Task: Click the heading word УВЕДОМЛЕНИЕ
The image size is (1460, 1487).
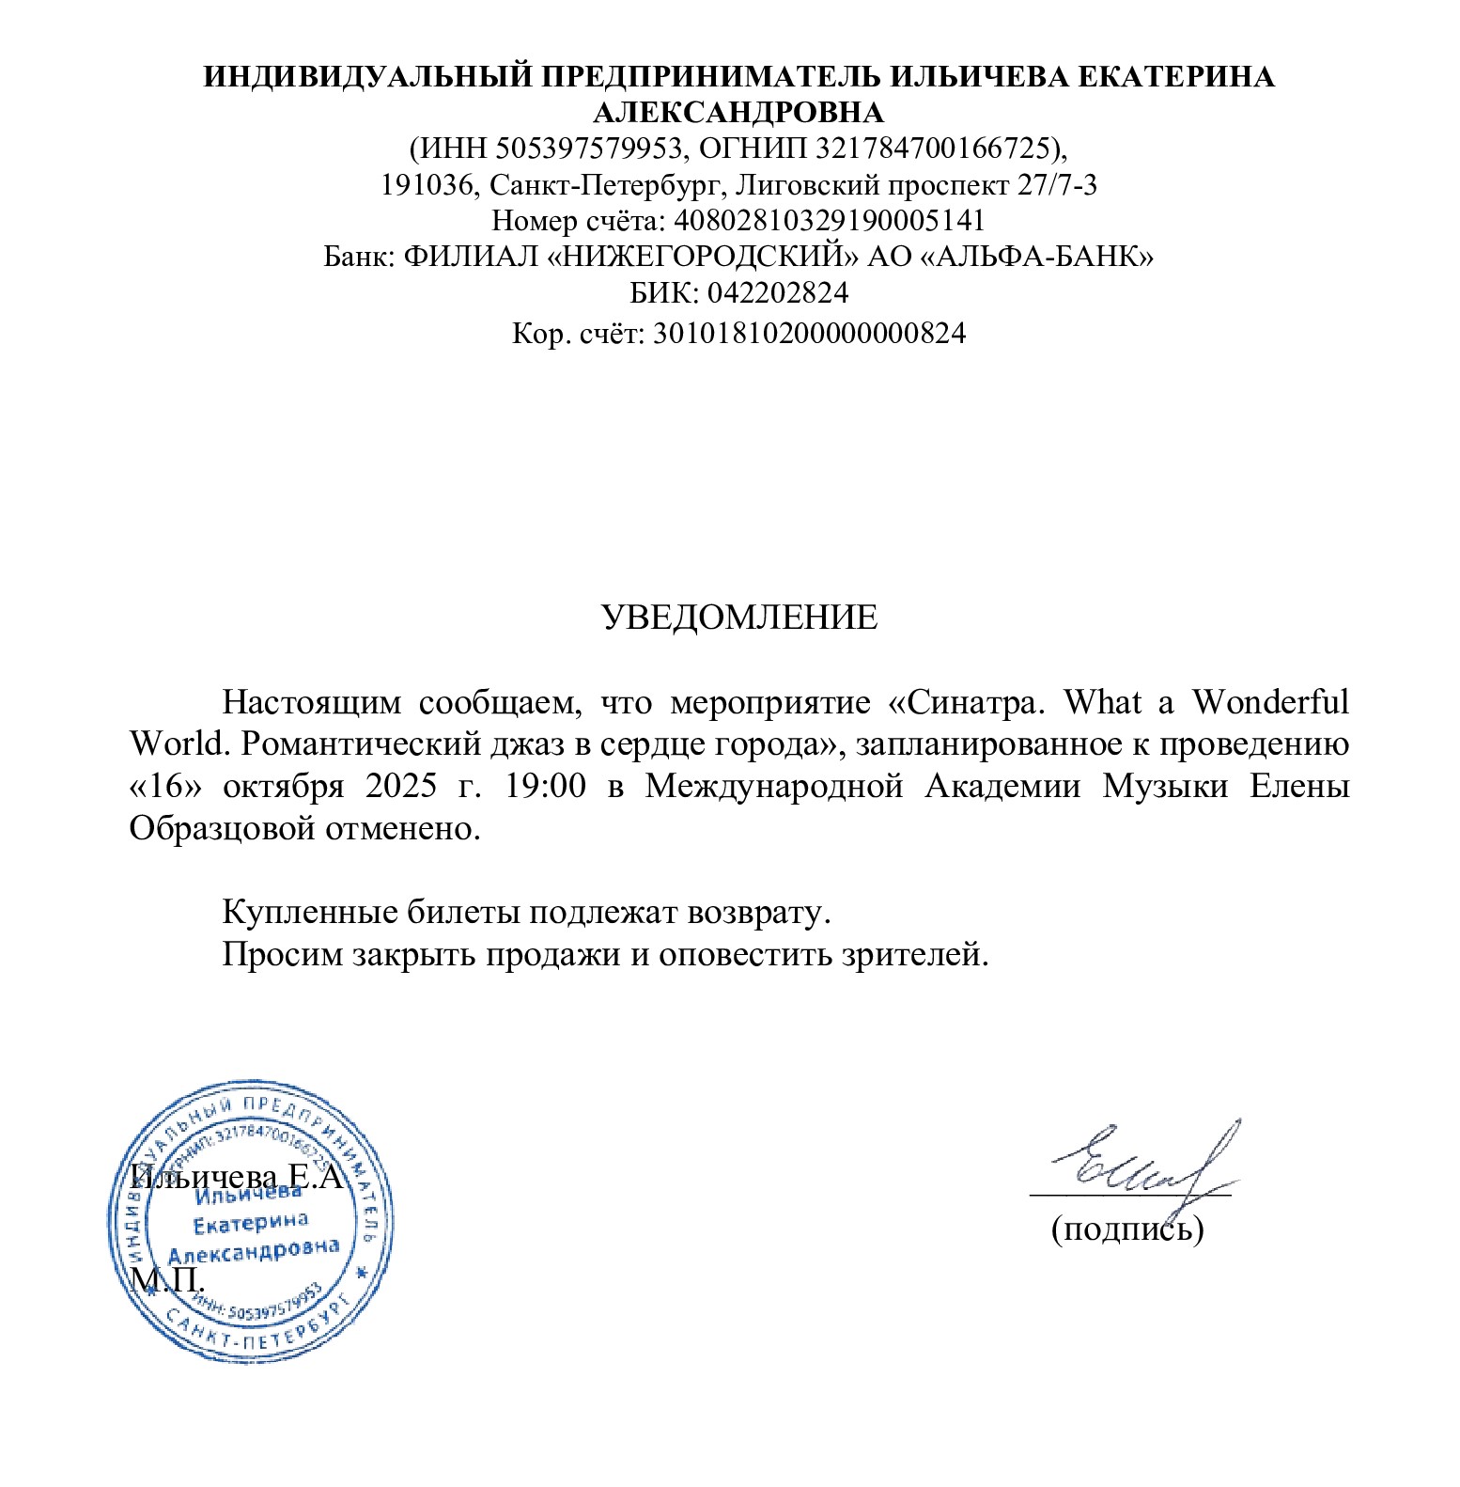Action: click(738, 618)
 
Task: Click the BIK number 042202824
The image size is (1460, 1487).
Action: click(778, 292)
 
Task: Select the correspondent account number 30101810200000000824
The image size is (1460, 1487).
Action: click(809, 333)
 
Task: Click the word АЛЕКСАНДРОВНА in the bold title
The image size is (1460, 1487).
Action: click(738, 113)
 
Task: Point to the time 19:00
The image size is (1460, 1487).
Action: click(545, 786)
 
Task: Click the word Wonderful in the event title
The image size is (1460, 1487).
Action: click(1270, 702)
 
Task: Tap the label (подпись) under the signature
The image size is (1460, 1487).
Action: click(1126, 1229)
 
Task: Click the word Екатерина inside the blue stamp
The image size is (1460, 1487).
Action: click(250, 1223)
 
